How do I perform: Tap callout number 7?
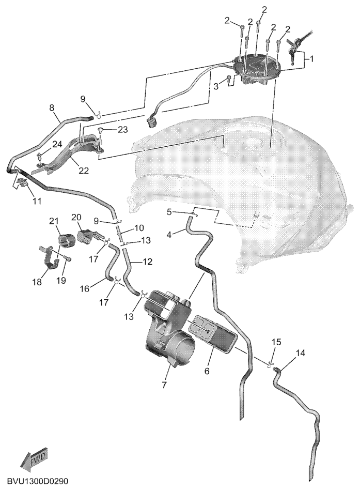[x=165, y=384]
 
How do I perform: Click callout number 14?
[x=300, y=352]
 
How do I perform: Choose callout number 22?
[x=84, y=171]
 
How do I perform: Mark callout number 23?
[x=123, y=129]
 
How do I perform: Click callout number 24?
[x=57, y=144]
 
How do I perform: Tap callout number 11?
[x=37, y=201]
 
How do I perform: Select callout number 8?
[x=52, y=108]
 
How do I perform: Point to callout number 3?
[x=216, y=86]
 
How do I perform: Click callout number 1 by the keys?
[x=311, y=58]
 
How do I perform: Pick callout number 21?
[x=54, y=221]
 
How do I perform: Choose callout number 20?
[x=76, y=217]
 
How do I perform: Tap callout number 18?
[x=37, y=282]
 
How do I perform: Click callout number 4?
[x=169, y=234]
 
